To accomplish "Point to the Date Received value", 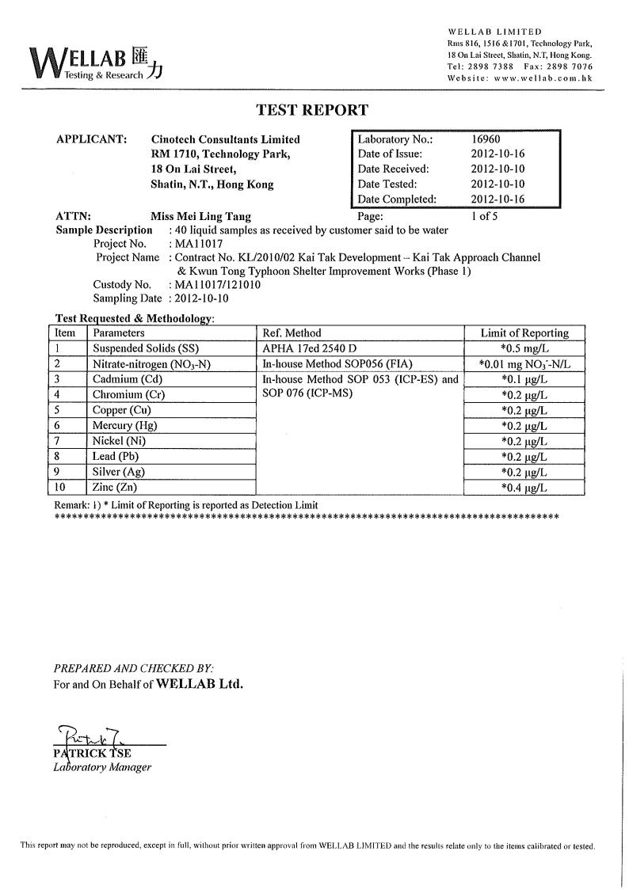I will [497, 169].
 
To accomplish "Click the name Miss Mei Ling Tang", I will [200, 215].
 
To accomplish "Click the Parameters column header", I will [119, 333].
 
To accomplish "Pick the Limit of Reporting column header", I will [524, 333].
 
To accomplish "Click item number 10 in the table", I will [61, 488].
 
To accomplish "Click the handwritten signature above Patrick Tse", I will [88, 736].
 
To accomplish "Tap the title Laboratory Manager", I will [102, 767].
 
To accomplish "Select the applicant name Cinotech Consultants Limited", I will [225, 139].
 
